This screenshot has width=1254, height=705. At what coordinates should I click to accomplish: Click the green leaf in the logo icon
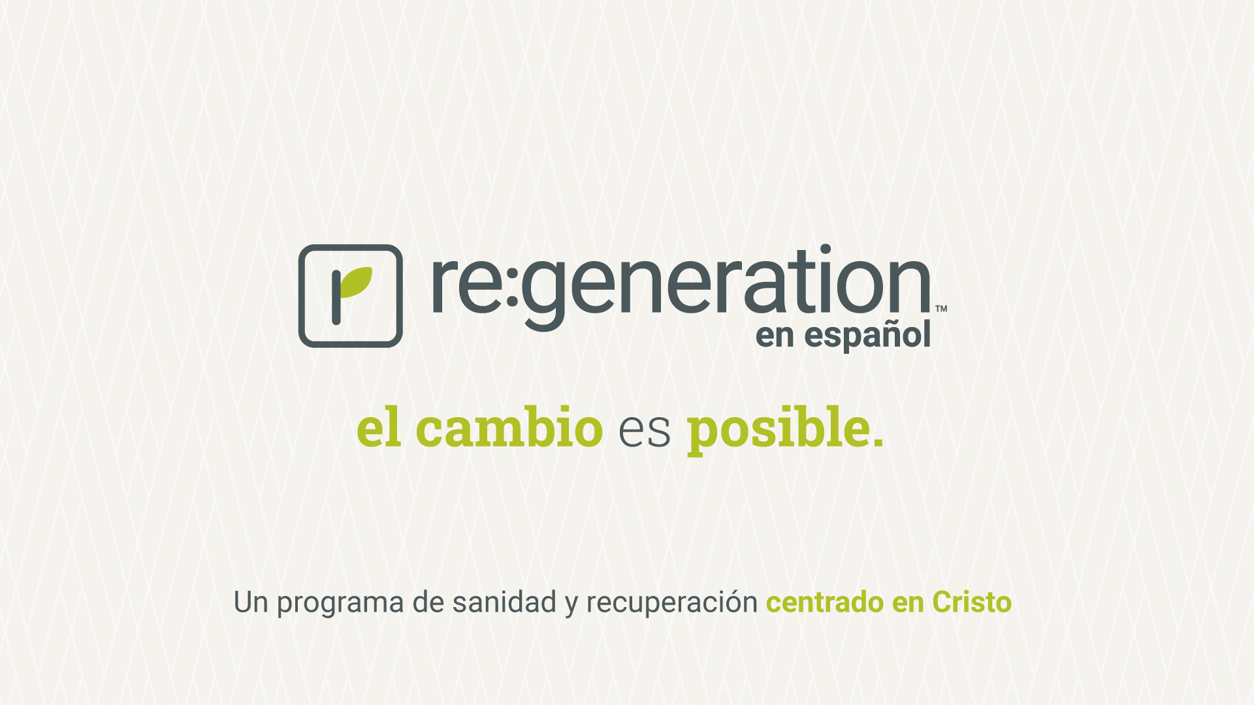pos(355,282)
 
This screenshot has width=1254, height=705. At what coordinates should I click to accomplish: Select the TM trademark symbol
pos(941,309)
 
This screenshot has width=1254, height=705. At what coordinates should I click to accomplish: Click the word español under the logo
pos(867,336)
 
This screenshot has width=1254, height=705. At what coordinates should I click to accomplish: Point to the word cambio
pos(509,428)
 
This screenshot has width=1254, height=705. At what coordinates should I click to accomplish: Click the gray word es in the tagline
pos(645,431)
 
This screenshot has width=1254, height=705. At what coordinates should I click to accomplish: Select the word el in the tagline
pos(379,428)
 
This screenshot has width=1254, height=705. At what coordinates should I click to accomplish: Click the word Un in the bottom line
pos(251,603)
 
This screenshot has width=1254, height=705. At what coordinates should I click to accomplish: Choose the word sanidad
pos(504,602)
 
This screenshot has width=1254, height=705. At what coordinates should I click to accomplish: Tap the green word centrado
pos(825,602)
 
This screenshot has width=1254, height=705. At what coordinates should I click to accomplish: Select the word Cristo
pos(972,602)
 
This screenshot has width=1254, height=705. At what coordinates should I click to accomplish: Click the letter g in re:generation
pos(543,293)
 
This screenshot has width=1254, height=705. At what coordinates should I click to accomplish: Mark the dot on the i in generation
pos(826,249)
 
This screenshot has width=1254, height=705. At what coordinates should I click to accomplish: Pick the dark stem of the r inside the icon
pos(336,297)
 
